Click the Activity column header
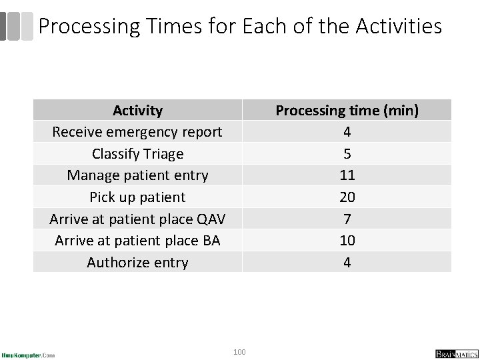tap(137, 110)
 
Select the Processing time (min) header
tap(347, 110)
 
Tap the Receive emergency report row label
tap(137, 132)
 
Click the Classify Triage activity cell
tap(137, 154)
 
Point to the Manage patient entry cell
tap(137, 175)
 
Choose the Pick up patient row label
tap(137, 197)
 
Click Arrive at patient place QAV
tap(137, 219)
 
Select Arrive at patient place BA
tap(137, 241)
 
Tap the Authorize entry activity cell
tap(137, 263)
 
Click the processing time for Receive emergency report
tap(347, 132)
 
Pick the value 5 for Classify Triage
tap(347, 154)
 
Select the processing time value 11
tap(347, 175)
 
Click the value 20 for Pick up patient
tap(347, 197)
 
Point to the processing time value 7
tap(347, 219)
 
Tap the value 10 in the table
tap(347, 241)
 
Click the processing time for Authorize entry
tap(347, 263)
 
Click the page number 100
tap(239, 351)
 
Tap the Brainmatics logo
tap(453, 353)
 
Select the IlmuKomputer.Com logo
tap(28, 354)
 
